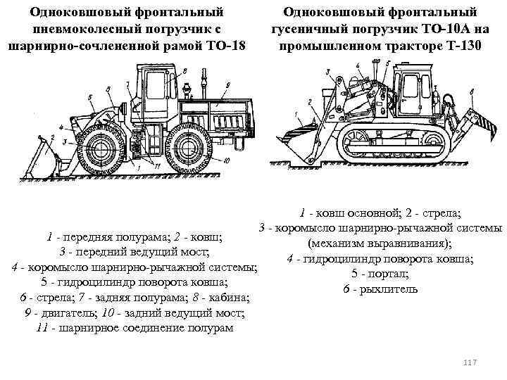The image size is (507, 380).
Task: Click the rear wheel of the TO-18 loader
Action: tap(187, 148)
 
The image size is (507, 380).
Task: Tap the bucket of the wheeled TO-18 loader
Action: tap(44, 158)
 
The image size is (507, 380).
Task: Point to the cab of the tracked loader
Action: tap(413, 91)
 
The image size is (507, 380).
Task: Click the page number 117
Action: tap(470, 362)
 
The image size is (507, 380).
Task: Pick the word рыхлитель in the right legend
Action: tap(388, 289)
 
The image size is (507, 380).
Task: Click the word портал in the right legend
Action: tap(388, 274)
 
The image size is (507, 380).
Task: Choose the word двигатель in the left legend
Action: tap(68, 312)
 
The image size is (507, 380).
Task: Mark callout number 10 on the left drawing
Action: tap(226, 160)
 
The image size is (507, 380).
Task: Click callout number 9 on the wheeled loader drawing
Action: tap(228, 85)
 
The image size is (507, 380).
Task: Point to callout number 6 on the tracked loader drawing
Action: tap(472, 92)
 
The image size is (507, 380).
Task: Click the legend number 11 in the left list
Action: tap(42, 328)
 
